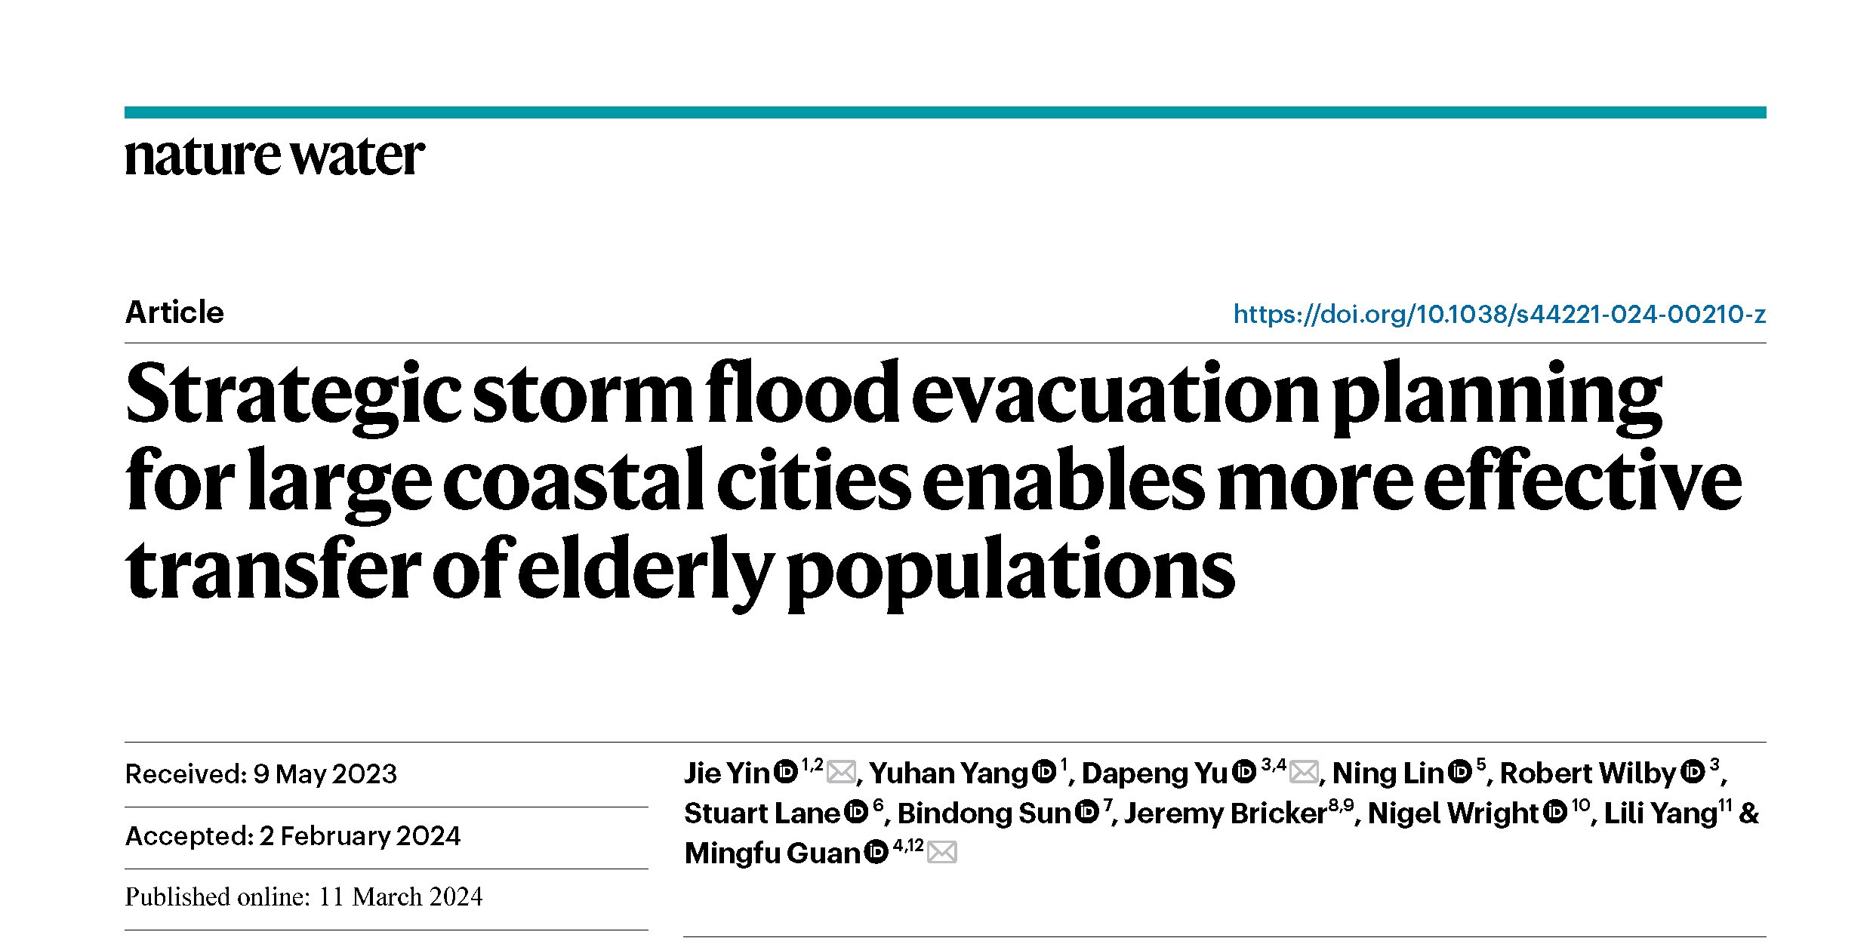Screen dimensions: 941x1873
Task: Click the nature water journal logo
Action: [274, 157]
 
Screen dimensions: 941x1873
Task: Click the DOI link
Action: [1499, 314]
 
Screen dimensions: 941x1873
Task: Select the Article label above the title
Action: [174, 312]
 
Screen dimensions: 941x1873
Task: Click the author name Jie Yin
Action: [726, 773]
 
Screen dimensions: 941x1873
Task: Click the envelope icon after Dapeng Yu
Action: [1305, 773]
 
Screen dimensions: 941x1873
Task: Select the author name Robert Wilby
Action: [1587, 773]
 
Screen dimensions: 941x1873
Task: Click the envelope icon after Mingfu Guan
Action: [942, 853]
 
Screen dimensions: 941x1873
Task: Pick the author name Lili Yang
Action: [1660, 813]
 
